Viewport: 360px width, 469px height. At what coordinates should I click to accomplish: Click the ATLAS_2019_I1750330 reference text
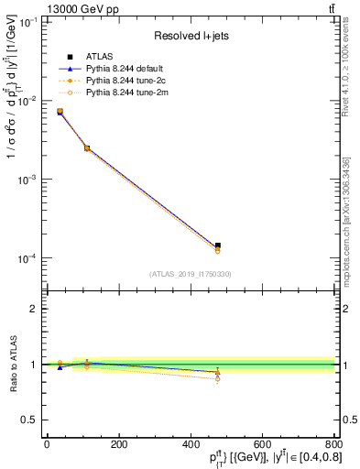coord(190,274)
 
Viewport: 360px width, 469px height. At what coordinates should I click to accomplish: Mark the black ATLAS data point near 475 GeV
coord(217,245)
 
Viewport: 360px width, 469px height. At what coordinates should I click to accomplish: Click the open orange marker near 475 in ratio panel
coord(217,378)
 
